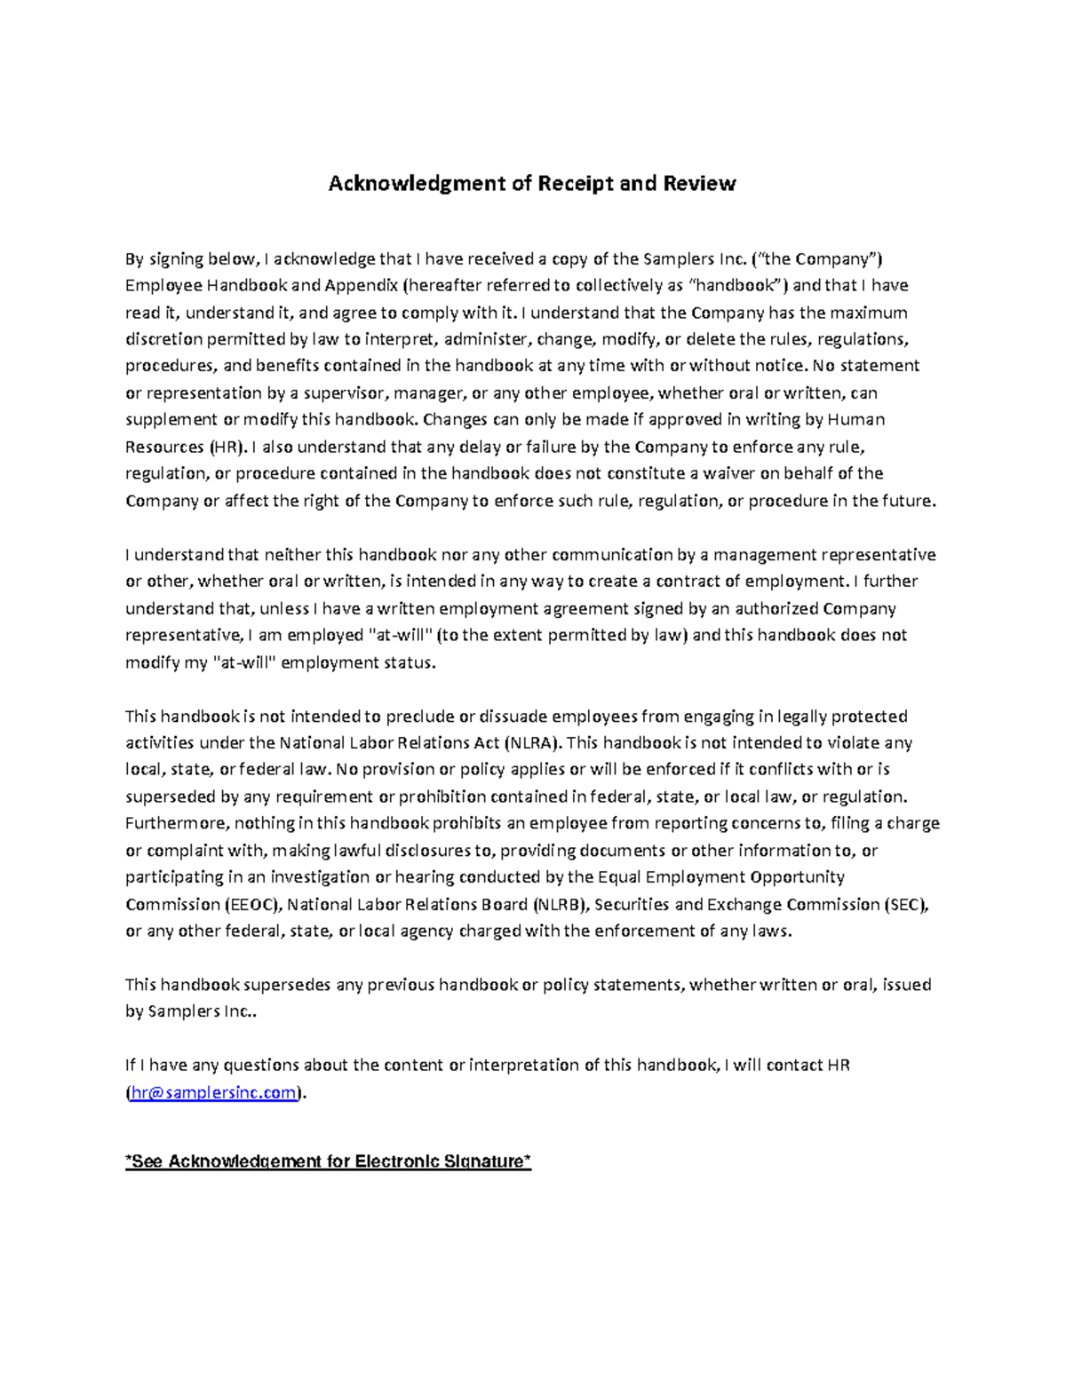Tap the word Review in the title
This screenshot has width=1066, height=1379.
coord(702,184)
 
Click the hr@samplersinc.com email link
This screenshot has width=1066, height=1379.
coord(213,1092)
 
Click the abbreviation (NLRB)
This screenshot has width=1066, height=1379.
coord(560,904)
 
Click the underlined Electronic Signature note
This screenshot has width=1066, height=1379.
coord(329,1161)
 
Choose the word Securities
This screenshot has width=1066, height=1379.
coord(632,904)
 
